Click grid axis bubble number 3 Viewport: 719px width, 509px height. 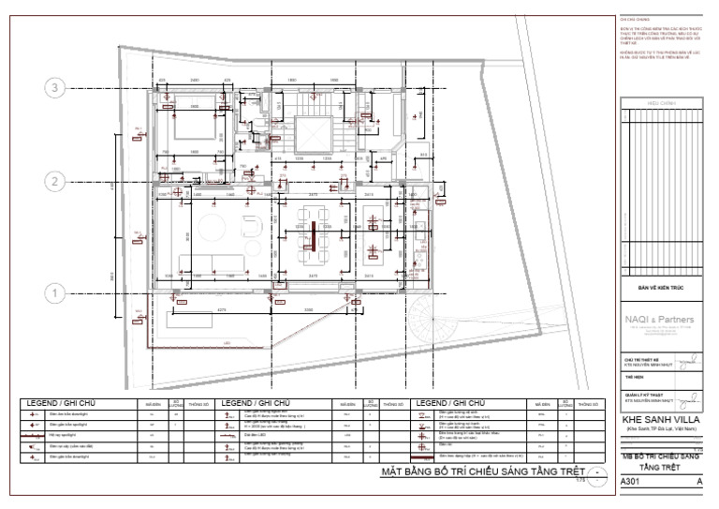pyautogui.click(x=55, y=88)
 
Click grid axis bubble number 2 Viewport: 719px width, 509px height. pyautogui.click(x=55, y=181)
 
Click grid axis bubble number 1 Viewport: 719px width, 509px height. pyautogui.click(x=55, y=293)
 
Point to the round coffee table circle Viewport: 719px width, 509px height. pyautogui.click(x=208, y=231)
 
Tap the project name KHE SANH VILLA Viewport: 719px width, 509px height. pyautogui.click(x=663, y=419)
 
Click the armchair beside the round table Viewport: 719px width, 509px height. pyautogui.click(x=251, y=229)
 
